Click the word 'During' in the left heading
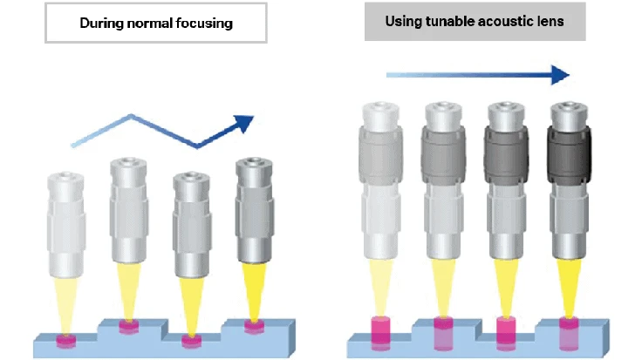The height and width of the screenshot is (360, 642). (101, 24)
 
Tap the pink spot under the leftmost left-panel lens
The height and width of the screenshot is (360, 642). (66, 338)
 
